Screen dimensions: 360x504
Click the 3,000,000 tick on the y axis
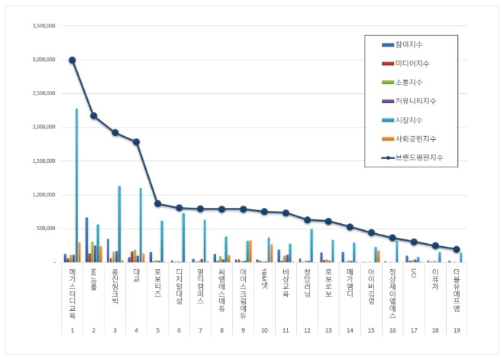tap(42, 60)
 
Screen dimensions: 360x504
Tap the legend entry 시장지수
tap(411, 120)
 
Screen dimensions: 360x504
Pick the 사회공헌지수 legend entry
tap(415, 139)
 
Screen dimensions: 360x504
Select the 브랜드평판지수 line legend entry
tap(418, 157)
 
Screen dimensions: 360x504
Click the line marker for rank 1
tap(72, 60)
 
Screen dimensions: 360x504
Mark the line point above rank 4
tap(136, 141)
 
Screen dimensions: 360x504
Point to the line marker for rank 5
tap(157, 203)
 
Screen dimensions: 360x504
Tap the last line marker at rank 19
tap(456, 249)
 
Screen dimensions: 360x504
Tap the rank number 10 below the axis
tap(264, 331)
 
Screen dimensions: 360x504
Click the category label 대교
tap(136, 274)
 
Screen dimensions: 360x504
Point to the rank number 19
tap(456, 331)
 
